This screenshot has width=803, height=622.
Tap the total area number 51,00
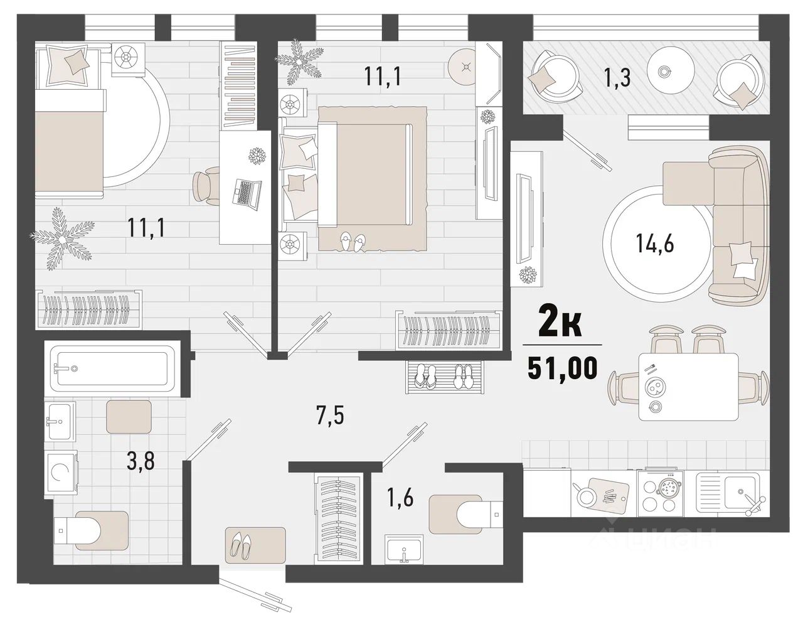tap(562, 368)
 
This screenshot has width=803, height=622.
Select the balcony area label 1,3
tap(617, 78)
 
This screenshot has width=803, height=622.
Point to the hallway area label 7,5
tap(331, 415)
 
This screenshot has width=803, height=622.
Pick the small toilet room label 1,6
tap(400, 498)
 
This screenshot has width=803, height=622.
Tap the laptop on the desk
tap(247, 195)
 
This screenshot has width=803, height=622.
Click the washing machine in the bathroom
tap(61, 473)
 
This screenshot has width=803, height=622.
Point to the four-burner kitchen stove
tap(660, 493)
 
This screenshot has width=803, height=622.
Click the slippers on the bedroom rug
tap(352, 242)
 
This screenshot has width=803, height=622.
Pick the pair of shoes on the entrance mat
tap(241, 545)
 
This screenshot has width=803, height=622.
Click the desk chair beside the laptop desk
tap(206, 186)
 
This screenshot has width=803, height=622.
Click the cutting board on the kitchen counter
tap(609, 495)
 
